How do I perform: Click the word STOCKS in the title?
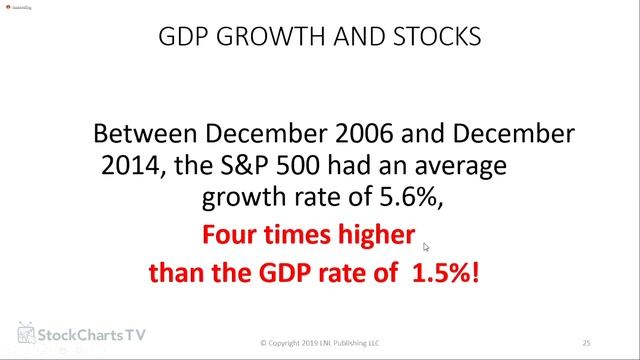(440, 39)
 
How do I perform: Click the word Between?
(140, 134)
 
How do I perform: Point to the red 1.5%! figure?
(445, 272)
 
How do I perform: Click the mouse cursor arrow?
(426, 247)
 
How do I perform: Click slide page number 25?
(587, 342)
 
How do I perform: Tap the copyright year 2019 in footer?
(308, 343)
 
